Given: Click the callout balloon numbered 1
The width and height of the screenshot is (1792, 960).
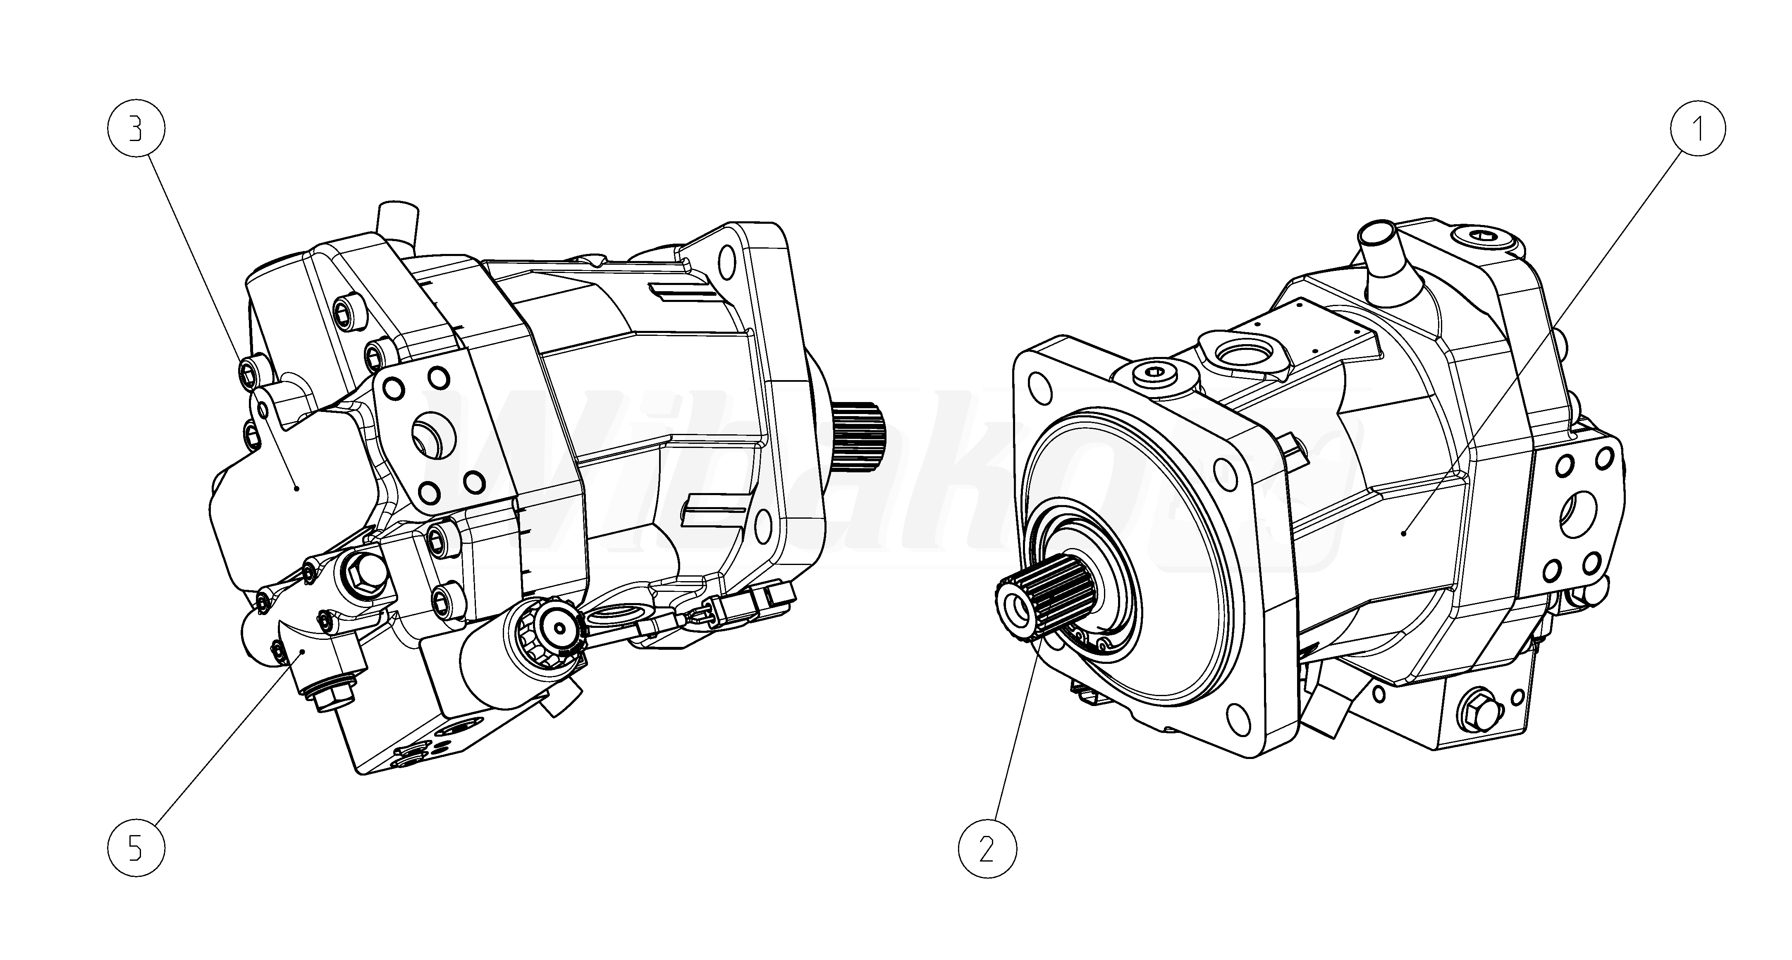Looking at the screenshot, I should click(x=1697, y=130).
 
